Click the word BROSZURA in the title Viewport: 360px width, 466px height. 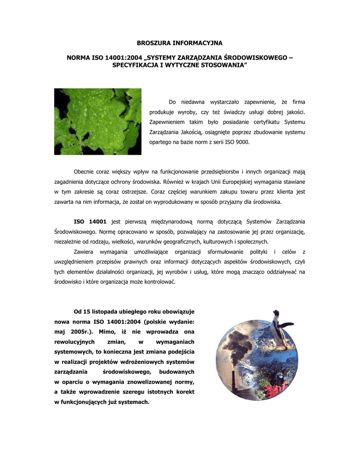152,43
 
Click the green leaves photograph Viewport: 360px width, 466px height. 91,121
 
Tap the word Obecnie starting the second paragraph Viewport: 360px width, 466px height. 86,171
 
